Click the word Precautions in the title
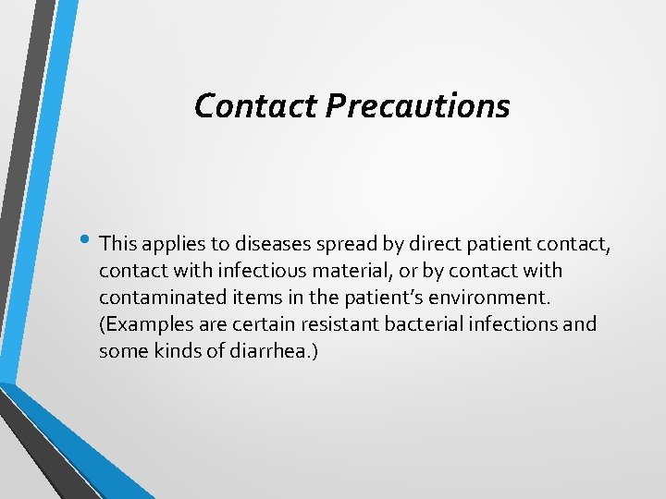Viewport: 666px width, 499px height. [x=417, y=106]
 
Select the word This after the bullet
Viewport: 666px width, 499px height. [x=117, y=244]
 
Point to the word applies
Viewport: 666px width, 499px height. [x=170, y=245]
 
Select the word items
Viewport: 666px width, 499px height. [x=242, y=298]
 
